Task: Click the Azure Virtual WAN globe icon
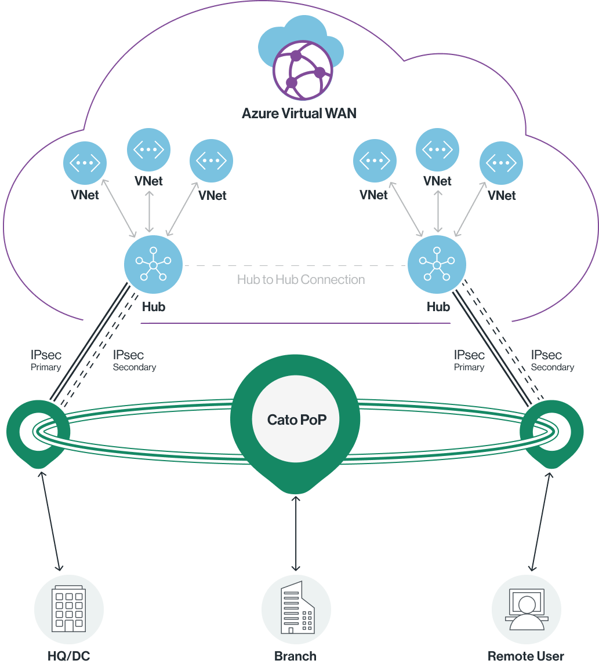303,70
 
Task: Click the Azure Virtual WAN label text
299,112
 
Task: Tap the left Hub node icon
153,265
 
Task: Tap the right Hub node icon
437,265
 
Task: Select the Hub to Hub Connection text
300,280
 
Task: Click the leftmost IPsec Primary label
46,359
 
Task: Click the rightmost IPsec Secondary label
551,359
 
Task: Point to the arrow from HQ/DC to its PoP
50,521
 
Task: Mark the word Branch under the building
296,656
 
